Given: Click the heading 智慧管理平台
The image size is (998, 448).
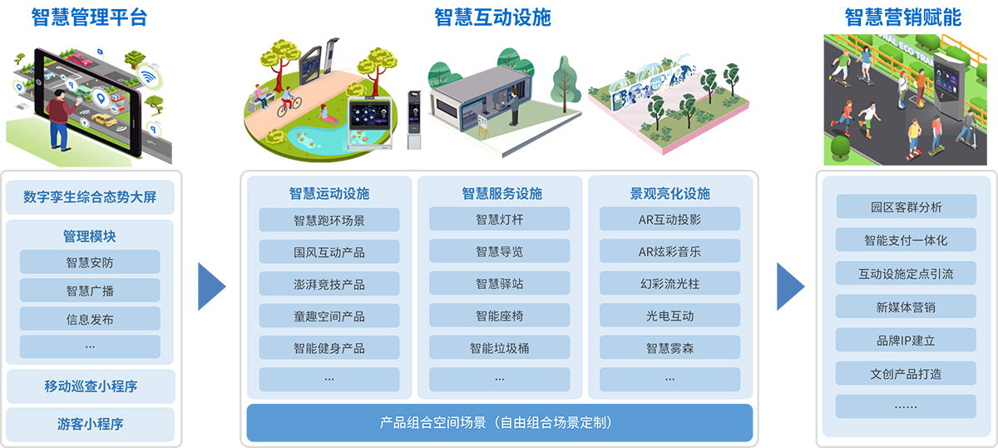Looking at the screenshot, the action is point(89,17).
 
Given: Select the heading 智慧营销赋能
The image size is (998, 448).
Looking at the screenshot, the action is point(903,17).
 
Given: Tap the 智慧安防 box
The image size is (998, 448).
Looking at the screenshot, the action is point(90,262).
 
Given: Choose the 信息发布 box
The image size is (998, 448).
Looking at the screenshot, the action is point(90,319).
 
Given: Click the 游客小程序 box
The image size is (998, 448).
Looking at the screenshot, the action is point(91,424).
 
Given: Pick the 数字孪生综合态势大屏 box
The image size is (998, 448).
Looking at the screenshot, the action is point(90,197).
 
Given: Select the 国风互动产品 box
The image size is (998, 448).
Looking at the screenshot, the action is point(329,252).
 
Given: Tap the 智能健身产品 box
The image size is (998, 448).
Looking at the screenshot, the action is point(329,347).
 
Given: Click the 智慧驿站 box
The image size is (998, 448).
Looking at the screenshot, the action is point(500,283).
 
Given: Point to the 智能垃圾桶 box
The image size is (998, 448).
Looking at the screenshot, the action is point(500,347).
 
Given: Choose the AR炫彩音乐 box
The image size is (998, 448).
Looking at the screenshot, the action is point(669,251).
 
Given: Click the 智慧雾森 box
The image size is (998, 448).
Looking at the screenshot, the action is point(669,347).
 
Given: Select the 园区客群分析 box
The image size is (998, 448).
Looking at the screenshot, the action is point(907,207).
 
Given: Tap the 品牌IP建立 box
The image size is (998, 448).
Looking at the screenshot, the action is point(906,340).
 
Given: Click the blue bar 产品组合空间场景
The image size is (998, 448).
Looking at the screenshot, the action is point(500,422).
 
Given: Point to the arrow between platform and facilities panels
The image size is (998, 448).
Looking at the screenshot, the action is point(212,286).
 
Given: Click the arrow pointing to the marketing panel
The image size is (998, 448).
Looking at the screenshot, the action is point(791,286).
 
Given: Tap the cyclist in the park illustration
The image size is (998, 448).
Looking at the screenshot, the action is point(289,102).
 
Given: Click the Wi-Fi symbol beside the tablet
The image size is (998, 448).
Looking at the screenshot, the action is point(148,77).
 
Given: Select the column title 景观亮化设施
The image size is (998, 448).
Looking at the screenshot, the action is point(669,193).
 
